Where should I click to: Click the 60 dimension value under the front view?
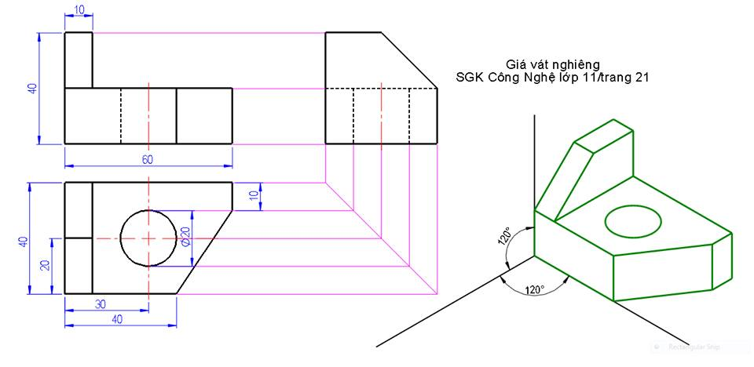[148, 160]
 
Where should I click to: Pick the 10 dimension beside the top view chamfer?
[253, 195]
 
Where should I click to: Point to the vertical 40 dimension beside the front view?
[32, 89]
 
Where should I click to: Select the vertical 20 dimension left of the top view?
[46, 265]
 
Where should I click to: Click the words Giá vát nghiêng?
[554, 64]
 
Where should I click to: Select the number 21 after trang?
[641, 78]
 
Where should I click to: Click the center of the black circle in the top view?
[148, 238]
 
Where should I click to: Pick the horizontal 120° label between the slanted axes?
[534, 289]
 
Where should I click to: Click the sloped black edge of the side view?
[409, 60]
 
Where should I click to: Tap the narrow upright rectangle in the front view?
[78, 60]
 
